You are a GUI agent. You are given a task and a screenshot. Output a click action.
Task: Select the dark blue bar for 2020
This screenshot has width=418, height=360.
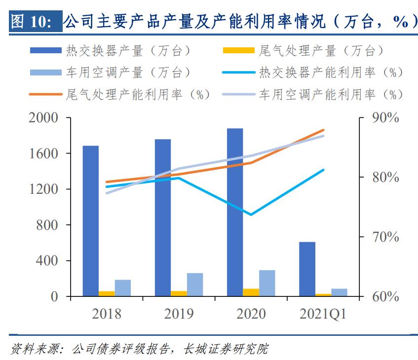point(235,212)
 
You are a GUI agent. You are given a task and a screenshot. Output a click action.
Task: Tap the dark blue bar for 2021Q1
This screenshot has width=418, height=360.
point(307,269)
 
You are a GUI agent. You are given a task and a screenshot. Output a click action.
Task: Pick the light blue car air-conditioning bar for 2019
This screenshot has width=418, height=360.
point(195,285)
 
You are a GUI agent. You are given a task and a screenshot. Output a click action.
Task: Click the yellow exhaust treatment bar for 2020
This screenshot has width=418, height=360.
point(251,292)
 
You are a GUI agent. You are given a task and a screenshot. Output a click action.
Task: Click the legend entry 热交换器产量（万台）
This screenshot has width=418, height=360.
point(111,50)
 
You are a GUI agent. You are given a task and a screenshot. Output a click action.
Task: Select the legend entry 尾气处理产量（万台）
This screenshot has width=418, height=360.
point(304,50)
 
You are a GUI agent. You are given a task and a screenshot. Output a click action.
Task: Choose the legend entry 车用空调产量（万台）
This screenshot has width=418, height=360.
point(111,72)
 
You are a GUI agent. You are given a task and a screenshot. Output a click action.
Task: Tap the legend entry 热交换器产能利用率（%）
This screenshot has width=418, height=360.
point(313,72)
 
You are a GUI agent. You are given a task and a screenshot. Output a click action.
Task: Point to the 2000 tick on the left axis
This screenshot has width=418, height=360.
point(44,118)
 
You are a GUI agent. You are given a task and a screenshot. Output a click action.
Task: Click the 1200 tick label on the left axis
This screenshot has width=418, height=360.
point(44,189)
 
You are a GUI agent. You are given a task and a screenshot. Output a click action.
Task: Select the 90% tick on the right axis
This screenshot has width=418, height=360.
point(384,118)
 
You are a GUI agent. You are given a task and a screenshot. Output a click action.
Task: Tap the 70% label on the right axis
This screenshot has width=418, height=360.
point(384,237)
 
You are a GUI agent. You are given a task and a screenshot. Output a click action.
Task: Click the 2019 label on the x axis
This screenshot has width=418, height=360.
point(179,314)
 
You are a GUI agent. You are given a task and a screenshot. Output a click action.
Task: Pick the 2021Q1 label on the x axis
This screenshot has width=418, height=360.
point(323,314)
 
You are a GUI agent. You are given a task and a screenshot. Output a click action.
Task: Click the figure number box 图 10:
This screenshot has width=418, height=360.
point(35,22)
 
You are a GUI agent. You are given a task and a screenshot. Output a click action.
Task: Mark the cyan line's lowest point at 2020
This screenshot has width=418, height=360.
point(251,215)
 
